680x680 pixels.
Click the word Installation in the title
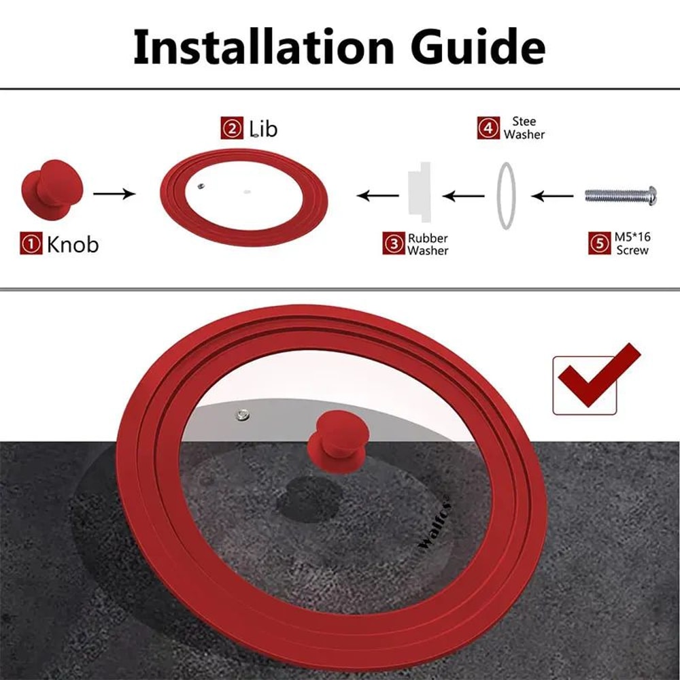(x=264, y=47)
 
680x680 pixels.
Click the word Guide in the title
(x=478, y=47)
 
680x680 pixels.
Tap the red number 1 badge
(x=31, y=243)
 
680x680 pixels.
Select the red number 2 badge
(x=232, y=129)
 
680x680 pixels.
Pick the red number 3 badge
(x=394, y=243)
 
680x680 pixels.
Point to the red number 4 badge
(x=489, y=128)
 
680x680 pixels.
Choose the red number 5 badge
(x=600, y=243)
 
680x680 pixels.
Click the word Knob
(x=73, y=244)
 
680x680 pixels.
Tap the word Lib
(x=263, y=129)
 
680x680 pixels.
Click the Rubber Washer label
(x=428, y=244)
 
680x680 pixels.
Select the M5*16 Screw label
(x=632, y=243)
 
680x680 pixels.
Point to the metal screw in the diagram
(x=621, y=196)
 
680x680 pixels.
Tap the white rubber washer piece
(x=420, y=192)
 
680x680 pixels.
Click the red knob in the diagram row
(x=52, y=190)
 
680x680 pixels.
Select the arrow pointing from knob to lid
(x=114, y=193)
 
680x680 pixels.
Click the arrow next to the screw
(x=552, y=196)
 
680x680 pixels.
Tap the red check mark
(x=599, y=375)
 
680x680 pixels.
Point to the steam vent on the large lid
(x=243, y=415)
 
